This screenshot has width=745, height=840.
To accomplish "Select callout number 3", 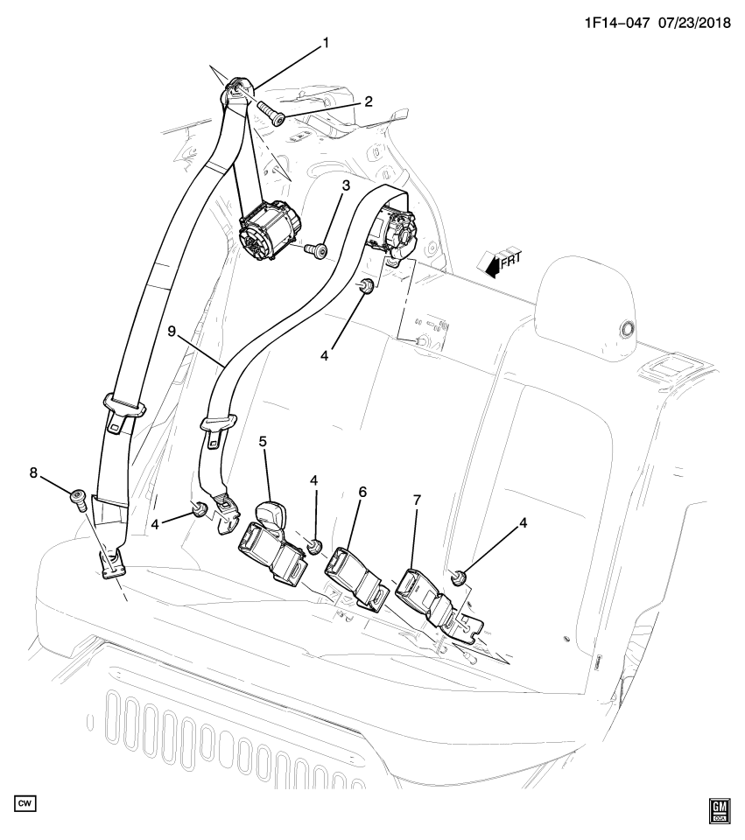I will click(x=346, y=186).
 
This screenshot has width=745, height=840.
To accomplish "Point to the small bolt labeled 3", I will click(x=318, y=251).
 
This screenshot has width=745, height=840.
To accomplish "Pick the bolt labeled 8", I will click(x=78, y=499).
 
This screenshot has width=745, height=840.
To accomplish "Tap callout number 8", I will click(x=34, y=473).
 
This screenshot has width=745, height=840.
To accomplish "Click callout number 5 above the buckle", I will click(x=263, y=443).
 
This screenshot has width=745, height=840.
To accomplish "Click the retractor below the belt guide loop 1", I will click(x=267, y=229).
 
